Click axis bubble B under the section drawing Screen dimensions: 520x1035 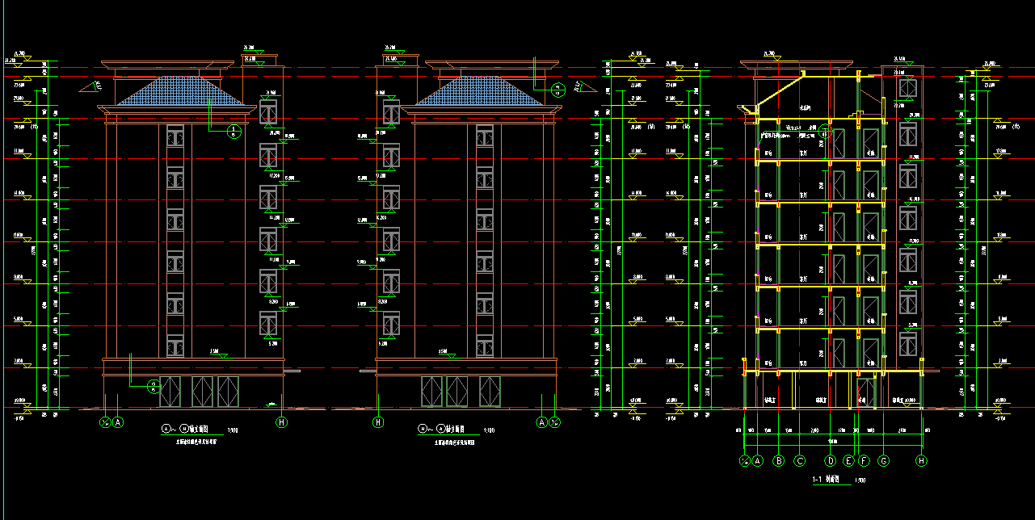point(779,462)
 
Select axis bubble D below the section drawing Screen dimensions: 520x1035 point(831,462)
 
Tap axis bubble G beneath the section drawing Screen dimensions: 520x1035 point(884,462)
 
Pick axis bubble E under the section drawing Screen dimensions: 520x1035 point(848,462)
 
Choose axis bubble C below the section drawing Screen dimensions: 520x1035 point(800,462)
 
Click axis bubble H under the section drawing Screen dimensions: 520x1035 point(921,462)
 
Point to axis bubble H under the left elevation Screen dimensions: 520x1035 point(281,421)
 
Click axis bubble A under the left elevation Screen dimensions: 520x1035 point(118,421)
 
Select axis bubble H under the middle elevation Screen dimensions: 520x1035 point(377,421)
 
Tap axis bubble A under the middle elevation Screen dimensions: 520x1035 point(542,421)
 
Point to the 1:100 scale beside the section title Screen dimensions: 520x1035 point(861,480)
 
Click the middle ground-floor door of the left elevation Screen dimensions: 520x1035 point(201,392)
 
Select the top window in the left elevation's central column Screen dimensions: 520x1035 point(175,136)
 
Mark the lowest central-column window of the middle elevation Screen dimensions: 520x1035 point(484,346)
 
